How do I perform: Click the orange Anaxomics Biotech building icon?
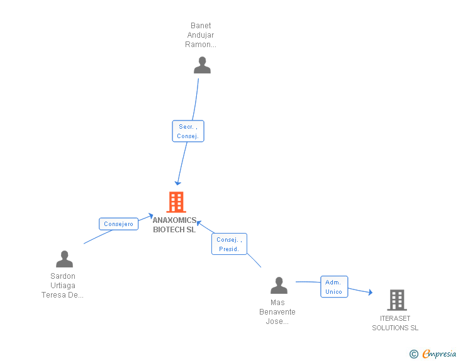tap(176, 202)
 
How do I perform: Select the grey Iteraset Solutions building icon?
tap(397, 299)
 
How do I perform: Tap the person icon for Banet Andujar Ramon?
tap(202, 65)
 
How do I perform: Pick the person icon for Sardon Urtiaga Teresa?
tap(64, 259)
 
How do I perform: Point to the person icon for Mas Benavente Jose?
tap(279, 285)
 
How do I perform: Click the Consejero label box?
tap(118, 224)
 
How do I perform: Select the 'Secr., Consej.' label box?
tap(188, 131)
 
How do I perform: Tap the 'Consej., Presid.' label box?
tap(229, 244)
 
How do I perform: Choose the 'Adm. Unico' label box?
tap(334, 287)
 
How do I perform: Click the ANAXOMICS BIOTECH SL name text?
tap(174, 225)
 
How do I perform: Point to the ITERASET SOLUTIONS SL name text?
tap(395, 323)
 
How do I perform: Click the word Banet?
tap(201, 26)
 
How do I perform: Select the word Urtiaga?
tap(63, 286)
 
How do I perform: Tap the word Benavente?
tap(277, 312)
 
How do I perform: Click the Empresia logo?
tap(439, 353)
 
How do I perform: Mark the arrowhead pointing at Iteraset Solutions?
tap(371, 292)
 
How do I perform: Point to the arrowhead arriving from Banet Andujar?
tap(177, 183)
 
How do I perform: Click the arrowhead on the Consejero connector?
tap(151, 216)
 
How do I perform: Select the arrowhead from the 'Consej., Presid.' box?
tap(199, 223)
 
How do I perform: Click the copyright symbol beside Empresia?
tap(414, 354)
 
